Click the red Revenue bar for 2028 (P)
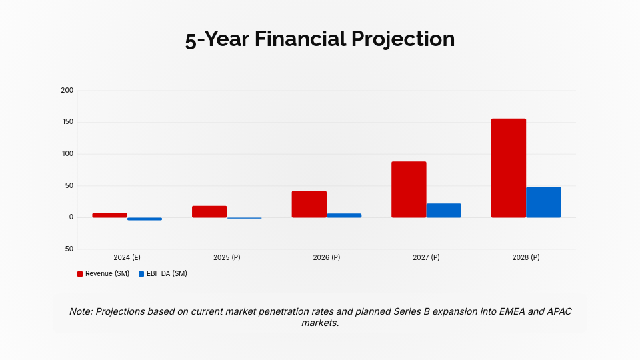tap(509, 168)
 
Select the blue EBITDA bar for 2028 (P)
tap(543, 202)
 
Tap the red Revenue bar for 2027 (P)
tap(409, 189)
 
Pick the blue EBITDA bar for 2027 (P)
tap(443, 211)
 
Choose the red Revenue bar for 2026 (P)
tap(309, 204)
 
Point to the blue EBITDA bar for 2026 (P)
tap(344, 215)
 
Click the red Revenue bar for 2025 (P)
tap(209, 211)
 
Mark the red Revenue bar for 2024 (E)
tap(110, 215)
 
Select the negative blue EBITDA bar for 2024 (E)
tap(145, 219)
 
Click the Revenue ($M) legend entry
tap(103, 274)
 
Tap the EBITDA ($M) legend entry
tap(163, 274)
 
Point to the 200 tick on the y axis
tap(67, 90)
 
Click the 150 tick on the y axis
tap(67, 122)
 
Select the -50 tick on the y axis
tap(67, 249)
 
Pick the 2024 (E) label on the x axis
tap(127, 257)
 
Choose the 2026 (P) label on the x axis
tap(327, 257)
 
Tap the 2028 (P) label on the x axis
tap(526, 257)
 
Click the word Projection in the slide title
tap(401, 39)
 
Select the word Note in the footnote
tap(81, 312)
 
